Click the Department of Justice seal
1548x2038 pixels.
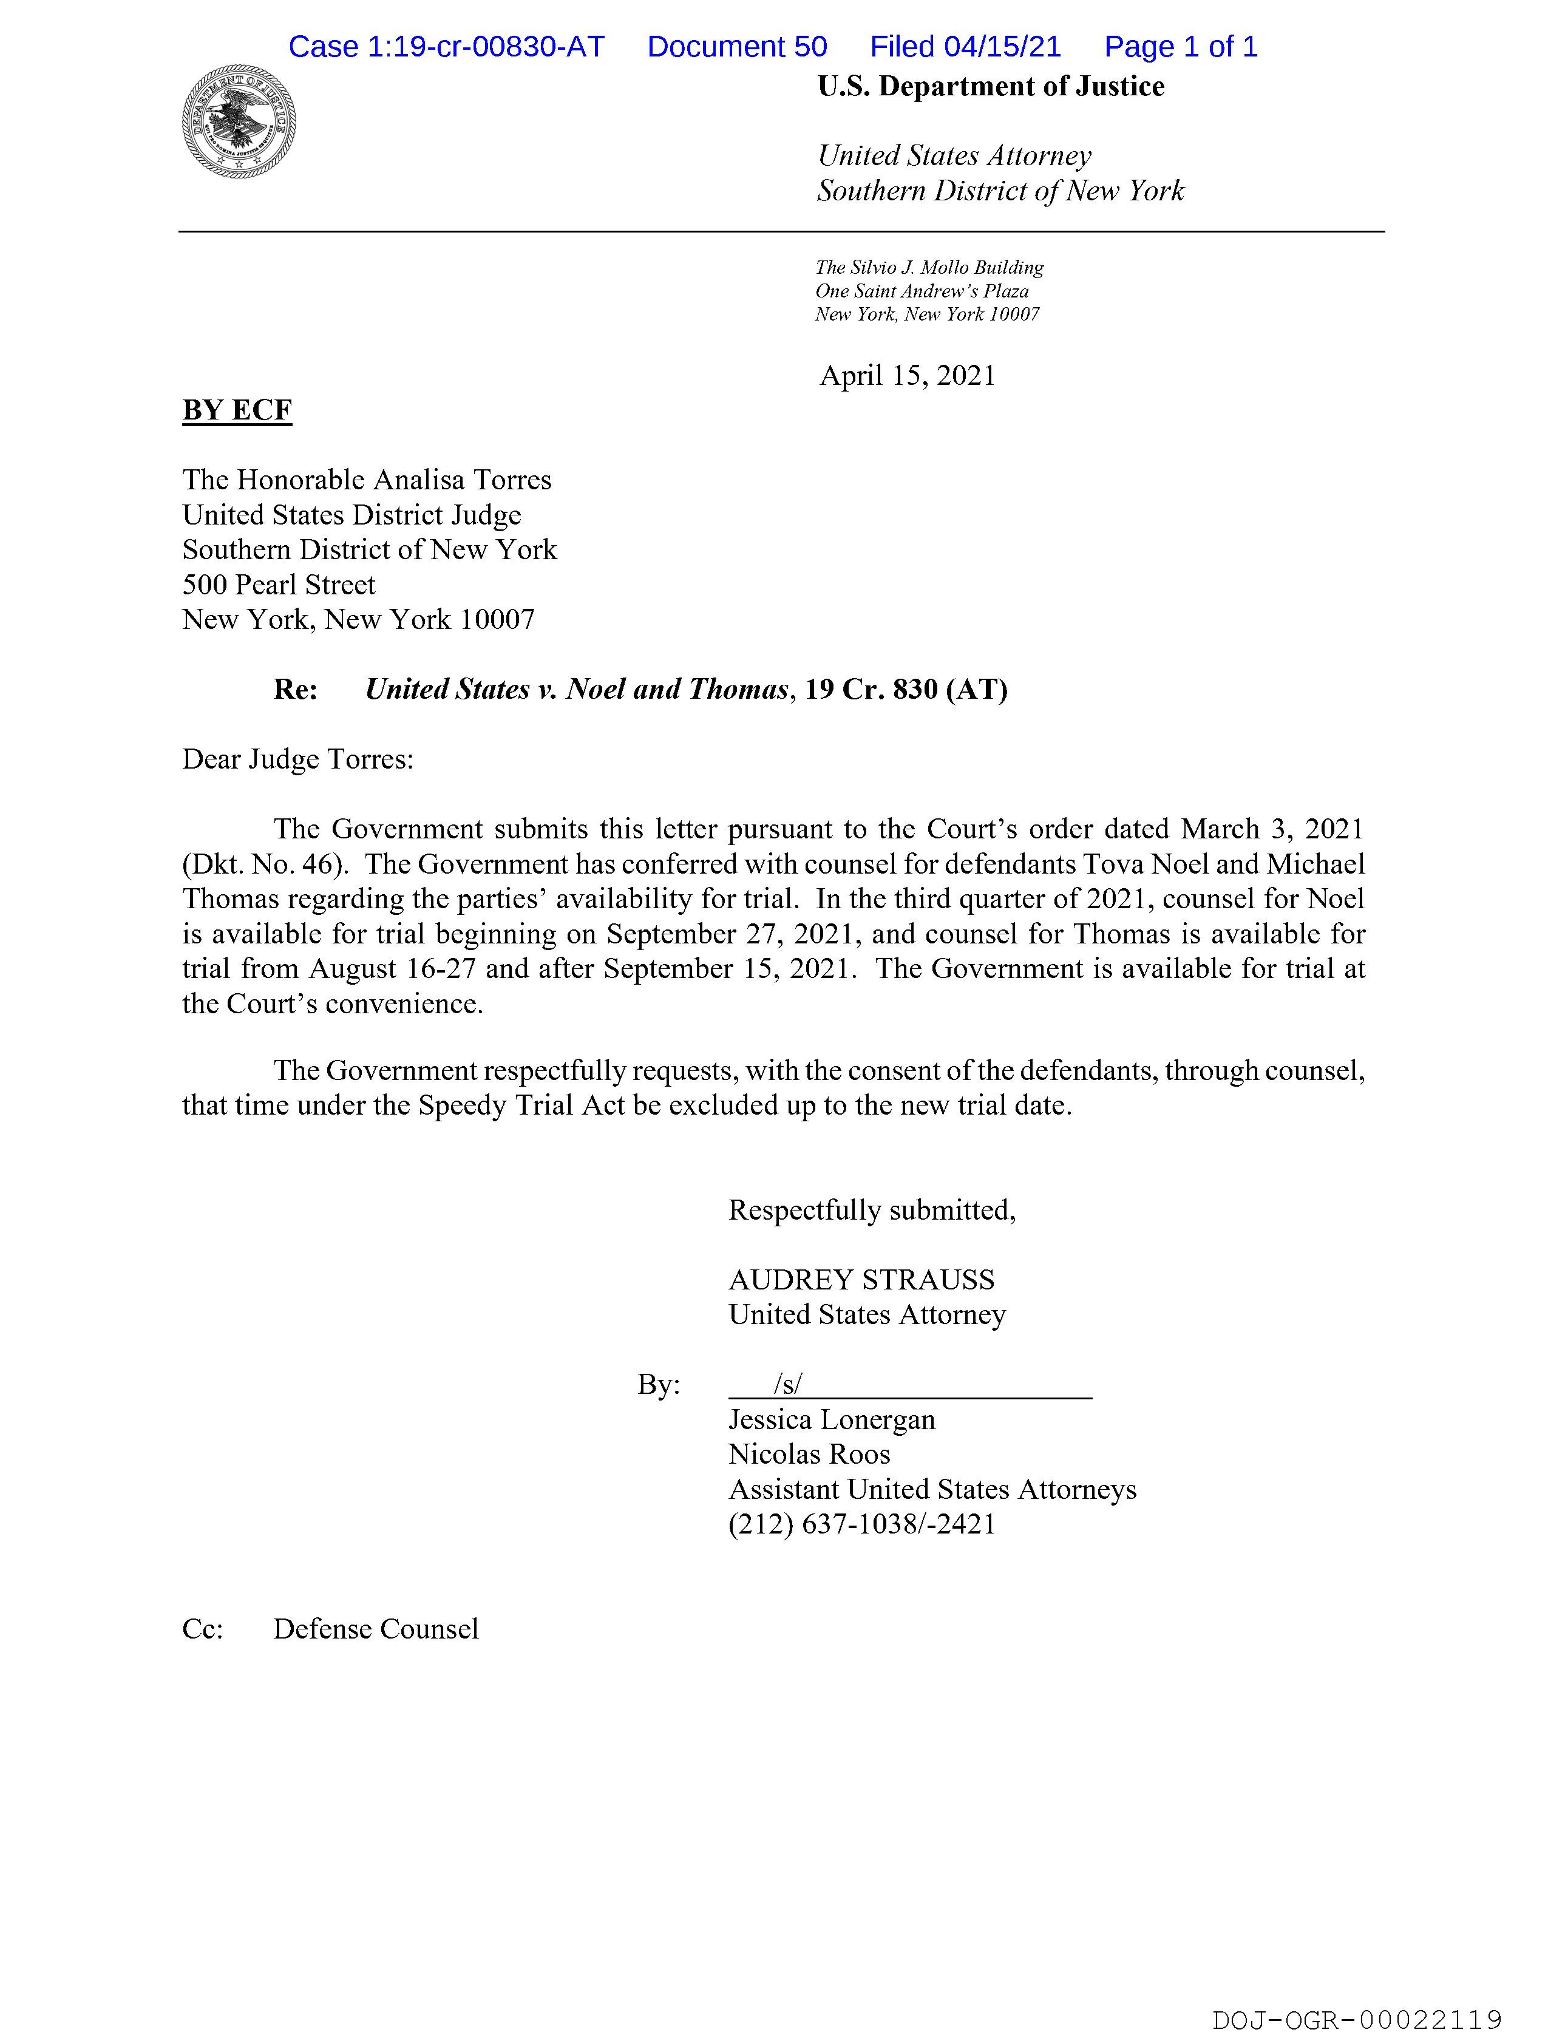point(239,121)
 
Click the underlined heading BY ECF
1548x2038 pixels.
point(237,410)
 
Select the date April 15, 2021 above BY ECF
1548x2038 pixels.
point(908,376)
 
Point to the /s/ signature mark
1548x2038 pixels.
point(788,1384)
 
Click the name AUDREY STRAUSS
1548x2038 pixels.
point(861,1280)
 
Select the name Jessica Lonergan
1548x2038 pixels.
point(831,1420)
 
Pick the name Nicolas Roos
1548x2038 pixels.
point(809,1454)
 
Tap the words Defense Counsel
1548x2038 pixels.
point(376,1629)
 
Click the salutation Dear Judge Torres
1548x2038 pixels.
point(297,759)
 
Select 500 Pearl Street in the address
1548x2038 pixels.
point(278,585)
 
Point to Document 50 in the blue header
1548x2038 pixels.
point(737,46)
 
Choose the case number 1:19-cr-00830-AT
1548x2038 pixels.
point(486,46)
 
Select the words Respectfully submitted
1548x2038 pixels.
point(872,1210)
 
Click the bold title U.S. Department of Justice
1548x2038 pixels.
point(991,87)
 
